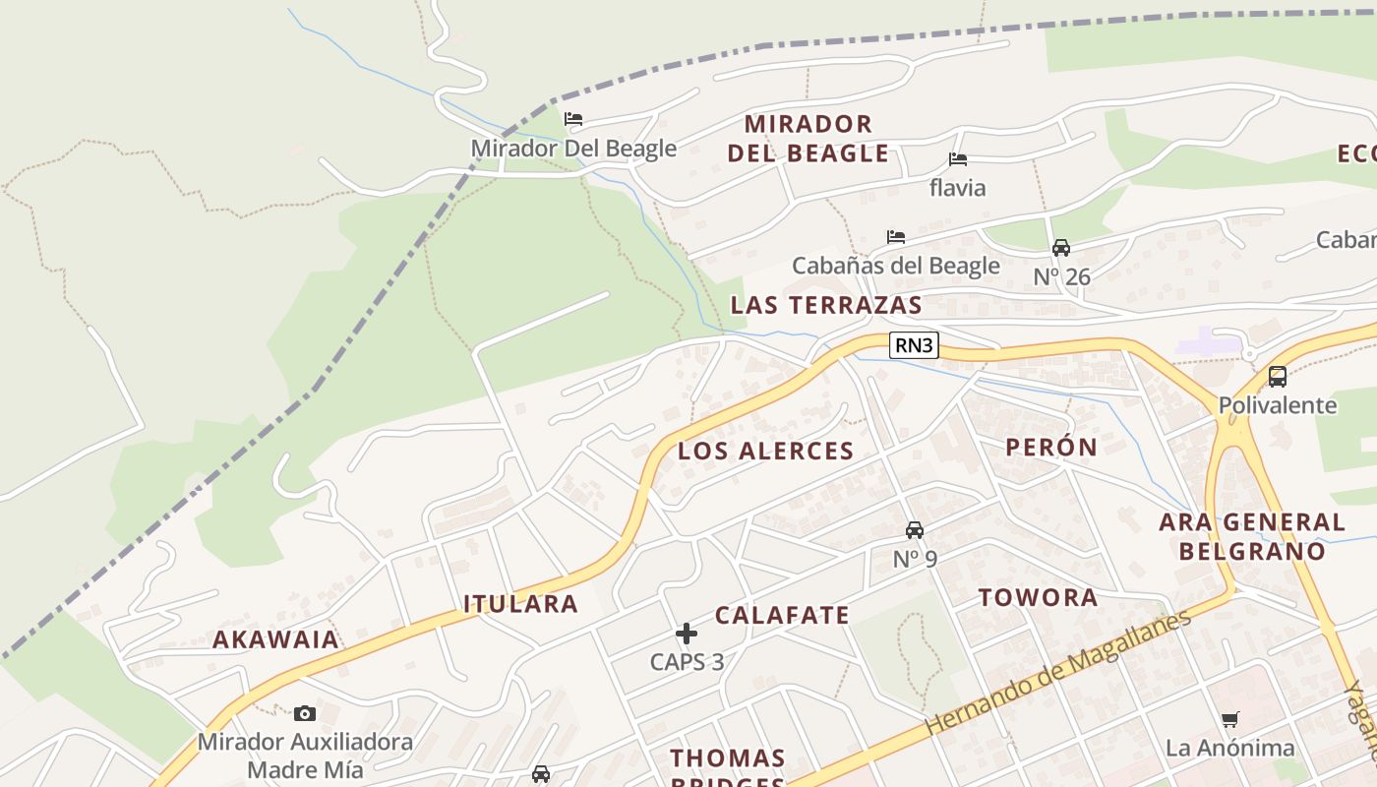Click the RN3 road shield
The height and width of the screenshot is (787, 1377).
pos(914,345)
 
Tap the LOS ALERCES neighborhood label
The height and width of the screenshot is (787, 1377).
pos(765,452)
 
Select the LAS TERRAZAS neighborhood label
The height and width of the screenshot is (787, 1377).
pos(826,305)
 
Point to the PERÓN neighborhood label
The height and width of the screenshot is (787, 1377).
pos(1051,448)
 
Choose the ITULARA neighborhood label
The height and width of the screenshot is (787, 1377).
pos(520,604)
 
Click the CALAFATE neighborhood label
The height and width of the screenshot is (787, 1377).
pos(782,616)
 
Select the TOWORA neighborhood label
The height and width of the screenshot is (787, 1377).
pos(1038,598)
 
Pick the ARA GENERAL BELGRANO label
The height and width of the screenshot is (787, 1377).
pos(1252,536)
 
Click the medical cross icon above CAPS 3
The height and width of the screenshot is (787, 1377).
pos(687,634)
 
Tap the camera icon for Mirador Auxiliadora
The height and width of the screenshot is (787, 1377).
pos(305,713)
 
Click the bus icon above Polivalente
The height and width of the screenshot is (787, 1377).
pos(1278,376)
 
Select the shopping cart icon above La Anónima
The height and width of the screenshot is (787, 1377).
pos(1229,719)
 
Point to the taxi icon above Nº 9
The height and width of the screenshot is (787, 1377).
pos(915,530)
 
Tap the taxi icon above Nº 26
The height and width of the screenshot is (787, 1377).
pos(1061,248)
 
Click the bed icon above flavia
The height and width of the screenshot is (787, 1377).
pos(957,159)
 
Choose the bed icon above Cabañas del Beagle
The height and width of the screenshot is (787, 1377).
pos(895,237)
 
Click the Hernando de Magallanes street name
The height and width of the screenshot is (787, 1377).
pos(1057,673)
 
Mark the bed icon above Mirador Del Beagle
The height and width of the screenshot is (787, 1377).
pos(573,119)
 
